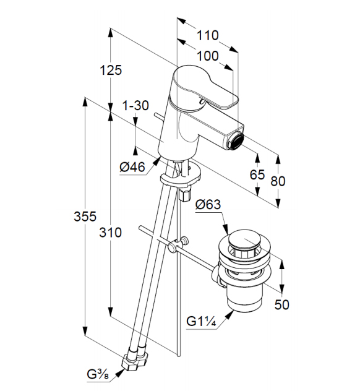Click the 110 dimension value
[207, 35]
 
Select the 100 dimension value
[207, 56]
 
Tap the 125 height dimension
[111, 70]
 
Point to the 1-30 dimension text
[135, 105]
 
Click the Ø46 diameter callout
[132, 167]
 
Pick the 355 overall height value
[85, 216]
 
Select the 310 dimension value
[111, 233]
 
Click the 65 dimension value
[257, 174]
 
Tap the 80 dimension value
[278, 181]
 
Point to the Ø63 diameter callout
[208, 205]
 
